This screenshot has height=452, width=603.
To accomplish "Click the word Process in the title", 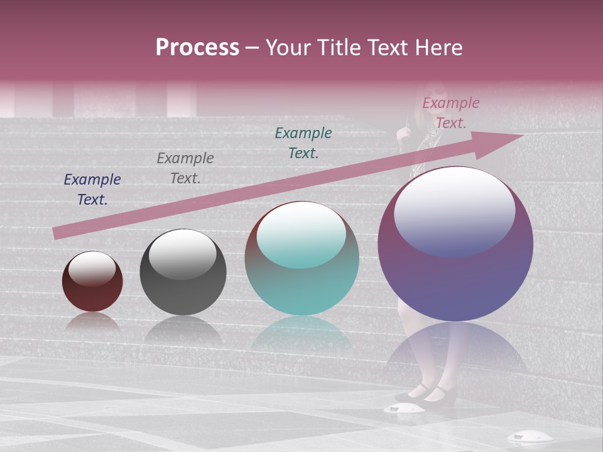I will [197, 47].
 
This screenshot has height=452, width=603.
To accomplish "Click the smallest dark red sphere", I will [92, 281].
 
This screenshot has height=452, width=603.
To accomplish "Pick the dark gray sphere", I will [183, 272].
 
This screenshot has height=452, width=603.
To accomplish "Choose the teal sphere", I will [301, 259].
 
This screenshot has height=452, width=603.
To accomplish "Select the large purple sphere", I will [455, 244].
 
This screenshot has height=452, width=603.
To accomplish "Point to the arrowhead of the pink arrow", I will [503, 139].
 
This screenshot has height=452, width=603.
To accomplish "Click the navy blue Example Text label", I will [92, 190].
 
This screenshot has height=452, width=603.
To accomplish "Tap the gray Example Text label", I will [185, 168].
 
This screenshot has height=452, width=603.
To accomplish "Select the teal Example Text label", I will [303, 143].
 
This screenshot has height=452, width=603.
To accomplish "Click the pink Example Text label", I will [450, 113].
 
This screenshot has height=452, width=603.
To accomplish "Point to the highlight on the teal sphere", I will [301, 235].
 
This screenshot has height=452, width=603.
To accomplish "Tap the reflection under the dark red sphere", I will [92, 321].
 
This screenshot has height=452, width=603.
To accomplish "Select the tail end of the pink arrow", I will [58, 233].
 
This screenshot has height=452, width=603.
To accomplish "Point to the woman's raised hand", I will [403, 130].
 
